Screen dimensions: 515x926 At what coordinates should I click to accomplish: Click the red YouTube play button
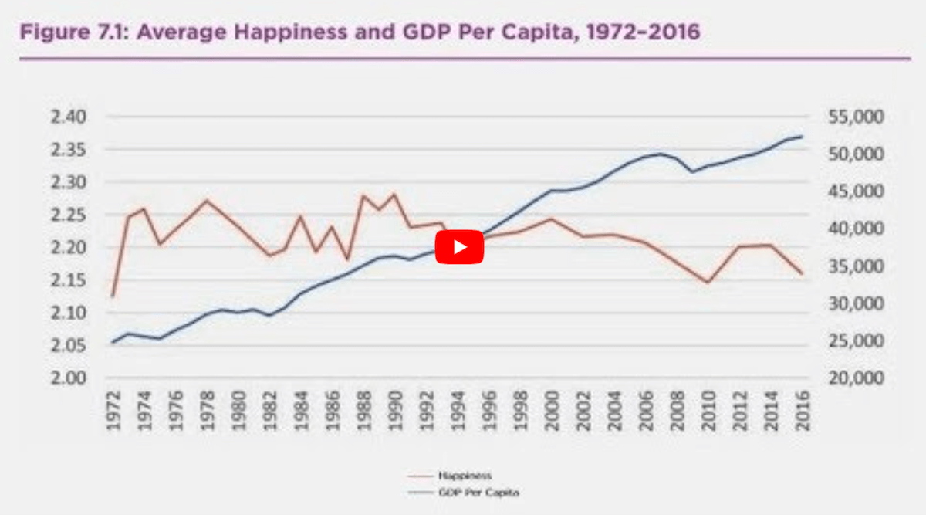point(459,247)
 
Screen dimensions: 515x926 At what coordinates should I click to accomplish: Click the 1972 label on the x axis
point(113,413)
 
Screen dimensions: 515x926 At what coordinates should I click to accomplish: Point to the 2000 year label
point(552,413)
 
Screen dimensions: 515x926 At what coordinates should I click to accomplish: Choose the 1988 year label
point(363,413)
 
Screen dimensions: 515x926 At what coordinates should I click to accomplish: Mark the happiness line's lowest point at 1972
point(113,296)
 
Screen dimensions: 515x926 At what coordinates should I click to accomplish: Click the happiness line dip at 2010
point(708,282)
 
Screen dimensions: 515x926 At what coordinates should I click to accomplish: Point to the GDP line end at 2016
point(803,136)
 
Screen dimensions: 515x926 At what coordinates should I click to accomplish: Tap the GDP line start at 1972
point(113,342)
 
